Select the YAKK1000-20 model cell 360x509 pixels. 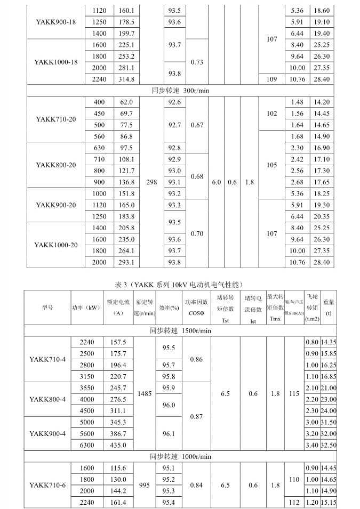56,245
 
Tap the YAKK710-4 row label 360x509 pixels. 47,359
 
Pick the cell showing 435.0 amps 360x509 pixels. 117,445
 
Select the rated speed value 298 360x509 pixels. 151,182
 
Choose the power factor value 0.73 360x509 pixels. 197,62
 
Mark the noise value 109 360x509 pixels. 272,79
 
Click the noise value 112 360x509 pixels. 294,502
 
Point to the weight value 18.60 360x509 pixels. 322,10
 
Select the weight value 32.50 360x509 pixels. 328,445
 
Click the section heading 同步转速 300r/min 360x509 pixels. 180,91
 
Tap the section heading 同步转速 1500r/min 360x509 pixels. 180,330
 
